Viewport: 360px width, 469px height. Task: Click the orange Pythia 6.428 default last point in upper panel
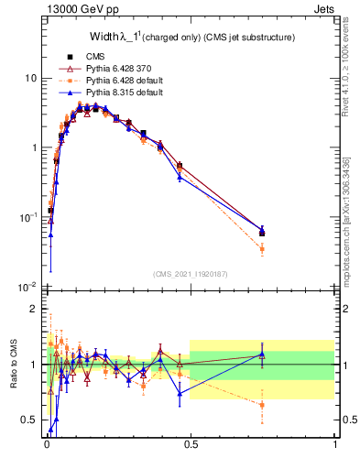(x=262, y=248)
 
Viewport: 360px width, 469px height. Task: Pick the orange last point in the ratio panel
(x=262, y=404)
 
